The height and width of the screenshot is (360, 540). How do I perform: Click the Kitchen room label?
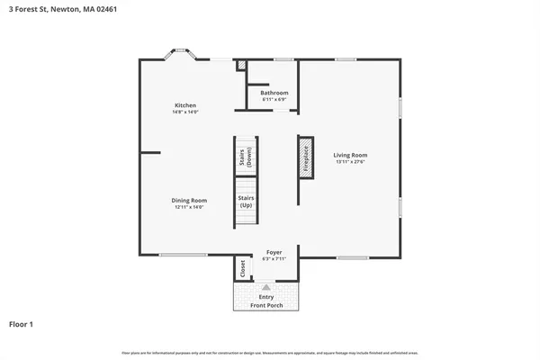185,105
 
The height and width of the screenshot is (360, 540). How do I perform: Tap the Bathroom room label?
274,93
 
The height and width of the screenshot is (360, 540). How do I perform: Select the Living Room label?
350,155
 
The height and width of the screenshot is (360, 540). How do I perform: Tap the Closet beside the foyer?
241,268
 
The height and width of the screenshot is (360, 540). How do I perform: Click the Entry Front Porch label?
266,301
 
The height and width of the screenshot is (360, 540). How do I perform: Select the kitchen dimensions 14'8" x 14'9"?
185,112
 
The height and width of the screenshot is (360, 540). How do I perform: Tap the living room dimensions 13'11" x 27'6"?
350,162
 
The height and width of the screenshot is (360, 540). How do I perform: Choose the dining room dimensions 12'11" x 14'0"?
189,207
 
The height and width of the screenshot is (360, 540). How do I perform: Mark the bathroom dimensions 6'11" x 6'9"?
274,99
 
